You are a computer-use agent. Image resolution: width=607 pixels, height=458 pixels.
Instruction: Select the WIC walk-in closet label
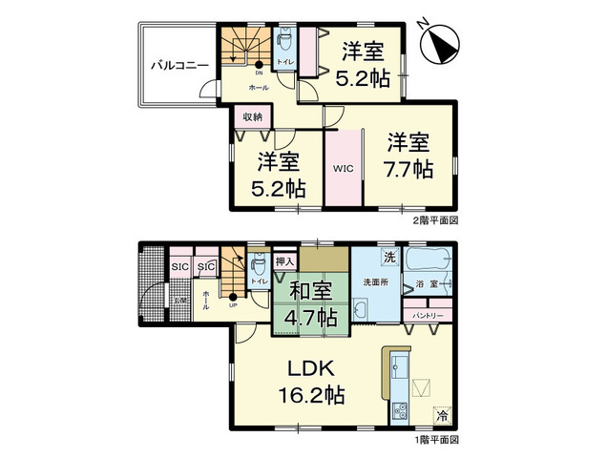point(342,169)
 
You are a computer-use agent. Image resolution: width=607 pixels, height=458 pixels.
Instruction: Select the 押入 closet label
point(283,260)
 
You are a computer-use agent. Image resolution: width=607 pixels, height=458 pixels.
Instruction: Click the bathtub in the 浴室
point(426,260)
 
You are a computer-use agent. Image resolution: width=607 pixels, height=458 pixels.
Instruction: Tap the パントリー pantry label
point(426,314)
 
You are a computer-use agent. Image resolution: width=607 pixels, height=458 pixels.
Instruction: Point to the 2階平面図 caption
point(435,219)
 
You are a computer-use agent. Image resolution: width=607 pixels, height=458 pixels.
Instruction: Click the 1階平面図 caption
point(435,441)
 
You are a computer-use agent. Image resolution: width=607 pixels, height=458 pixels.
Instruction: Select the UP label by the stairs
point(233,304)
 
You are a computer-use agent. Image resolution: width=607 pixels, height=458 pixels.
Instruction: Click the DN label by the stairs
point(258,72)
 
